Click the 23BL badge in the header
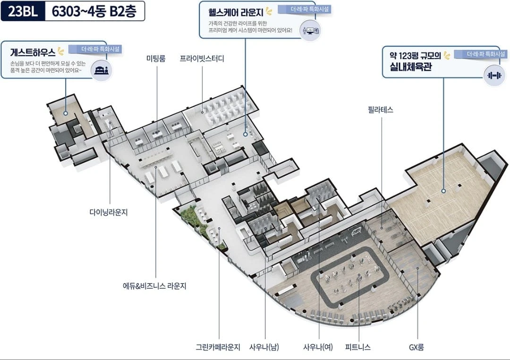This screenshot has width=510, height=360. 23,11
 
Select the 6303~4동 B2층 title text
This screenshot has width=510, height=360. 94,11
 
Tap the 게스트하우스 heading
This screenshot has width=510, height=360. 33,52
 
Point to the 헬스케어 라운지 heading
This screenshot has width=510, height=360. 236,12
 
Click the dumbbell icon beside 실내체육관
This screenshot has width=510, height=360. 494,75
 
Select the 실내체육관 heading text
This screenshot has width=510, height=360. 411,67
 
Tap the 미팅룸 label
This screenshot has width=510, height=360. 156,59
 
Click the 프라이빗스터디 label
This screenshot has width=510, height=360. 202,59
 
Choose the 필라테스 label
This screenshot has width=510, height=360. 381,110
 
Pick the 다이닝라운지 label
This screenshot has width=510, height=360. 109,212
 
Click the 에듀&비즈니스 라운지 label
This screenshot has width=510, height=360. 154,286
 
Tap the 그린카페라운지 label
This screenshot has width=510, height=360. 218,347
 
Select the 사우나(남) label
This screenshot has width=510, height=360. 264,347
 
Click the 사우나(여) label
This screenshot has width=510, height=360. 318,347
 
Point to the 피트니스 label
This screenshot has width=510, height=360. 358,347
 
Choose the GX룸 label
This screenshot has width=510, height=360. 416,347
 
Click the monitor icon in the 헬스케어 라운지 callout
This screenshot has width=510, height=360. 311,31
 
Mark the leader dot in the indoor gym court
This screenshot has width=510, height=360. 443,191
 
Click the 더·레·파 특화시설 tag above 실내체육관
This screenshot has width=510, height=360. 480,54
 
